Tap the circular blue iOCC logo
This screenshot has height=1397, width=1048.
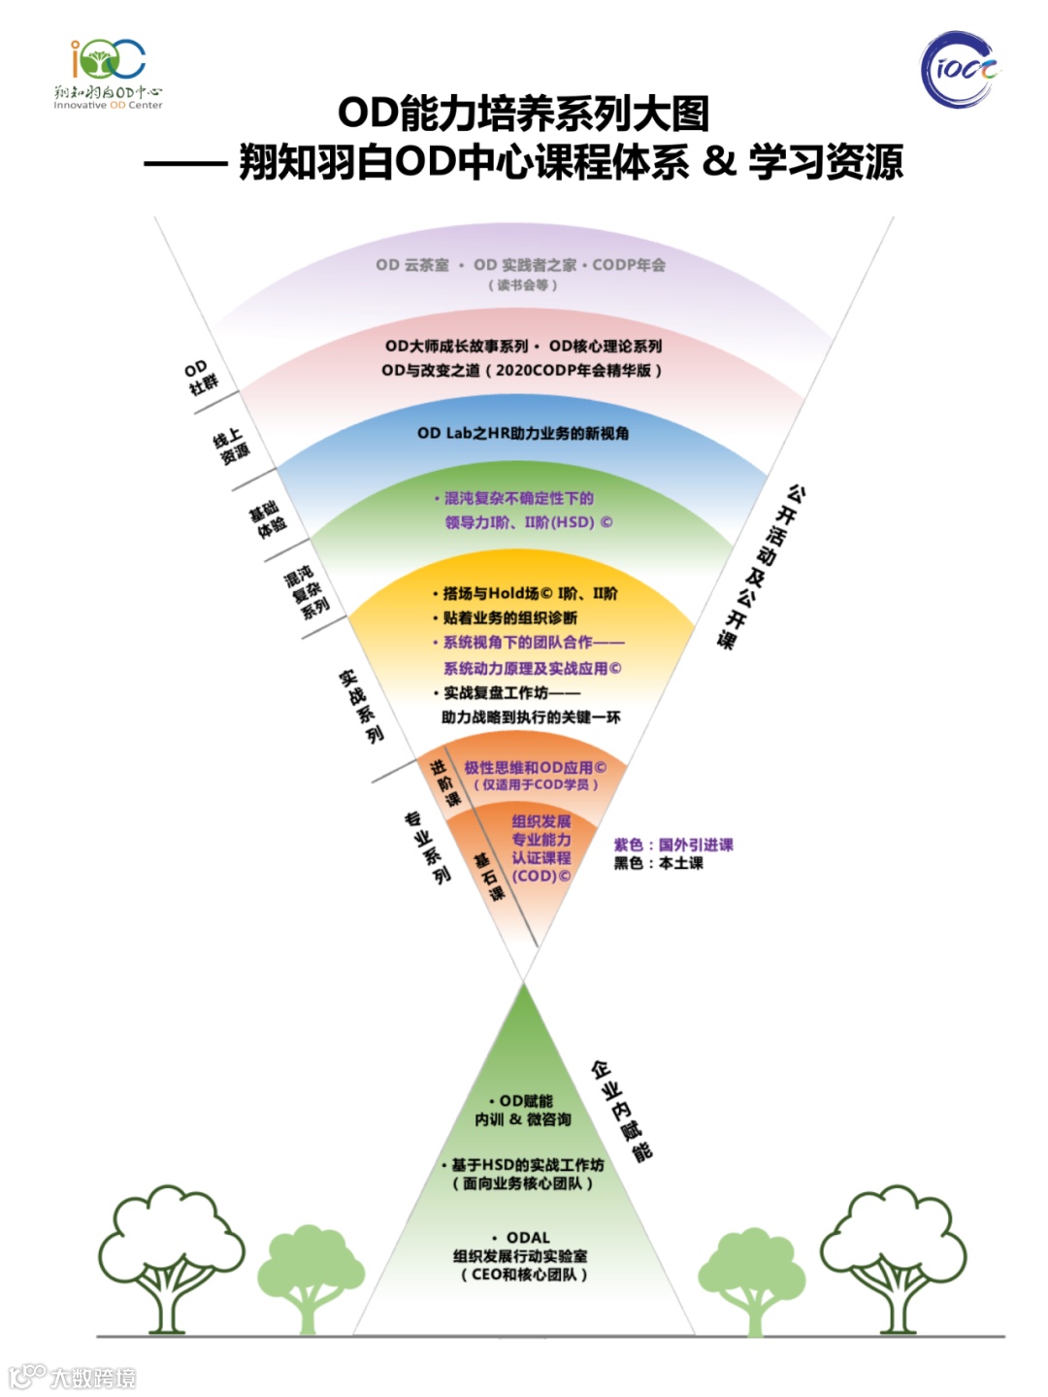click(959, 70)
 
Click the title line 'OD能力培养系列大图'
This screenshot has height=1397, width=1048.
click(524, 114)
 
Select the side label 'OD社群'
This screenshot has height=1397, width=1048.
click(201, 377)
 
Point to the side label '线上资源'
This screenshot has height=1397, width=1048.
click(231, 447)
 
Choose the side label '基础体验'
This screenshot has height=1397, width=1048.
click(267, 518)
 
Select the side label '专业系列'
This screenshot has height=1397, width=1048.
click(427, 847)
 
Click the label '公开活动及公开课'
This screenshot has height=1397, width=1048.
click(760, 568)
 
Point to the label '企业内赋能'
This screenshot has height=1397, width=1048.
click(622, 1111)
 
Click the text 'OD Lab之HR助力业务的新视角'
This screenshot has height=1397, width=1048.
click(523, 433)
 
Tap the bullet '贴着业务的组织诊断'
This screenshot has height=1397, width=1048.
click(509, 617)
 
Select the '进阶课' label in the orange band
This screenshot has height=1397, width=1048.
click(444, 783)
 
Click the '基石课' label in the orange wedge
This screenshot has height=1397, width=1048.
click(488, 875)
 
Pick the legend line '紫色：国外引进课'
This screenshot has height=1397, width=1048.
click(673, 845)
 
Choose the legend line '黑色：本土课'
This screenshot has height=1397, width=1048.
click(658, 863)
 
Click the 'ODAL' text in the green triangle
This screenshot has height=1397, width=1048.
click(527, 1238)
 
